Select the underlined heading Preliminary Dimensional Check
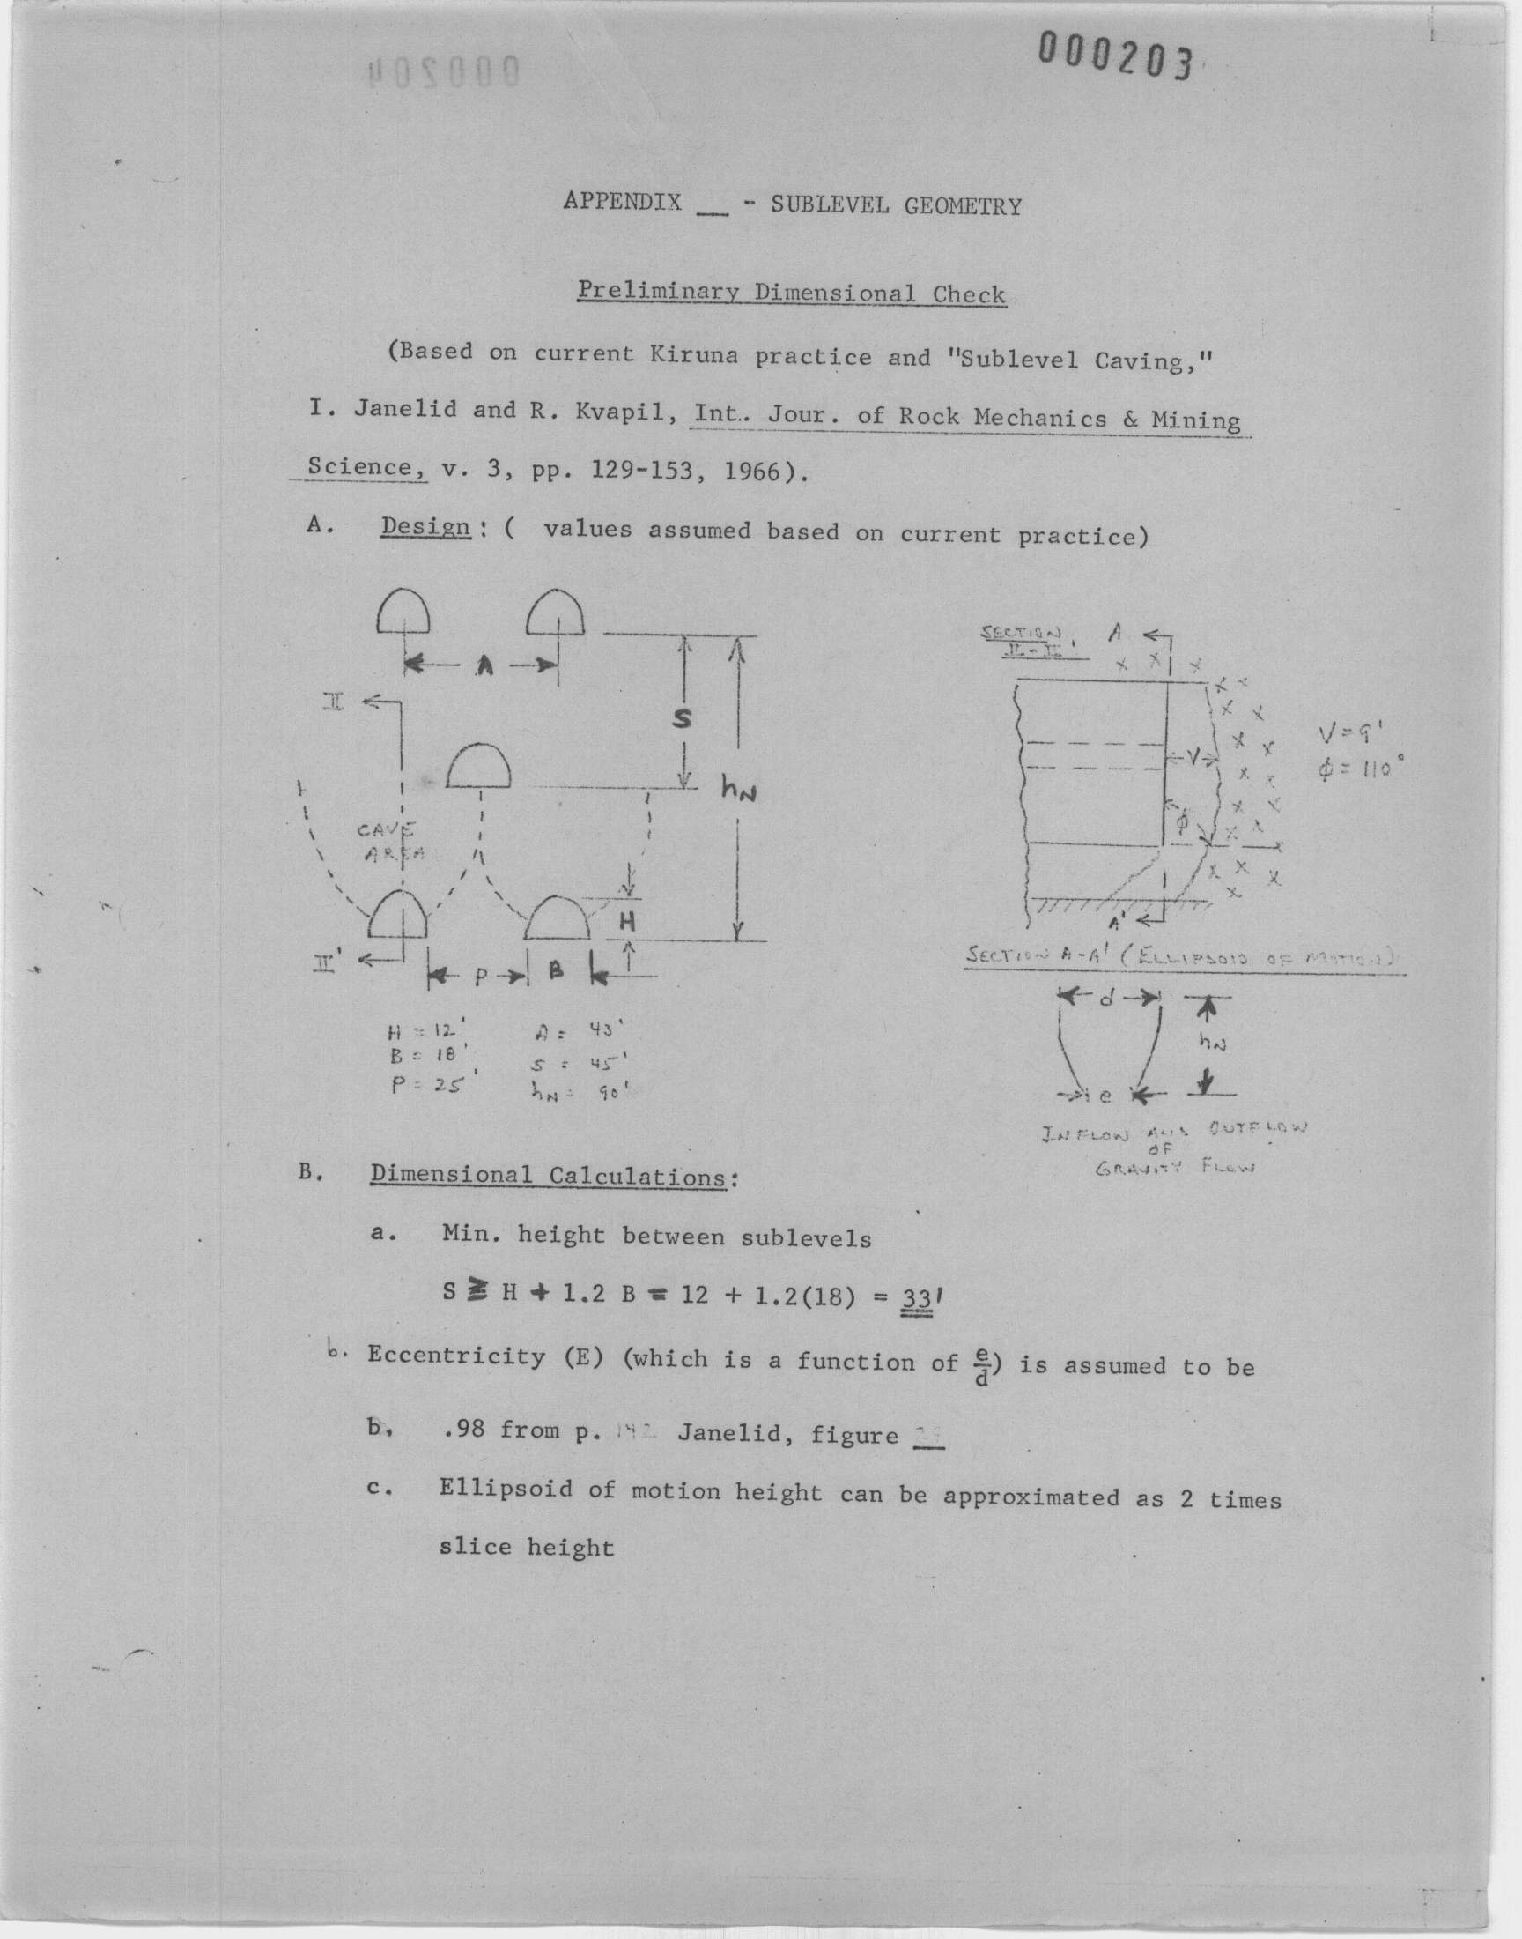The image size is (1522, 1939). tap(791, 293)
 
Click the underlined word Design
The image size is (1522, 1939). tap(425, 527)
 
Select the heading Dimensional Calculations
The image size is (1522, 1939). tap(548, 1176)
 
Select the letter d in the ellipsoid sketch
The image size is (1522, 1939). tap(1107, 999)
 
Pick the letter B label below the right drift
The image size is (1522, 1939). tap(557, 973)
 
